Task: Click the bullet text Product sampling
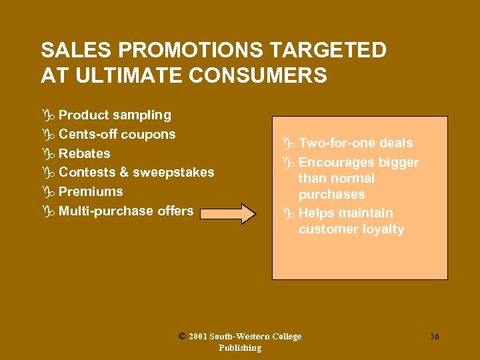pyautogui.click(x=115, y=115)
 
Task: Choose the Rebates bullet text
pyautogui.click(x=85, y=154)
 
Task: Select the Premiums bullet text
pyautogui.click(x=91, y=192)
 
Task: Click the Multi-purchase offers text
pyautogui.click(x=126, y=211)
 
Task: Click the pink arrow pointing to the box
pyautogui.click(x=229, y=214)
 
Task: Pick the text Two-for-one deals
pyautogui.click(x=355, y=143)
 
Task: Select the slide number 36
pyautogui.click(x=434, y=337)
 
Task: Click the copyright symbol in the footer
pyautogui.click(x=182, y=337)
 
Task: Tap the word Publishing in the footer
pyautogui.click(x=240, y=348)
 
